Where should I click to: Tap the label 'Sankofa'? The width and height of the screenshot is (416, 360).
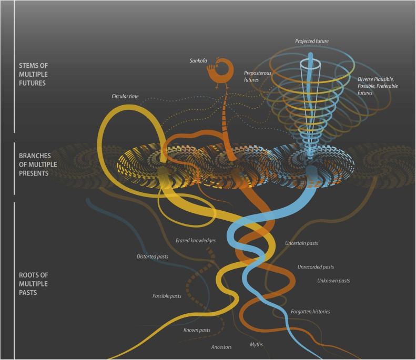point(199,61)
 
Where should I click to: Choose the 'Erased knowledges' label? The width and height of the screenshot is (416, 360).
point(196,240)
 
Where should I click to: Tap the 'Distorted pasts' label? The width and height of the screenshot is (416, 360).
point(151,256)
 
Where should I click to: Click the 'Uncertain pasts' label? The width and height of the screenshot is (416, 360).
point(301,243)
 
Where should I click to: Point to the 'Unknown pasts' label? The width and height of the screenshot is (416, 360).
point(333,281)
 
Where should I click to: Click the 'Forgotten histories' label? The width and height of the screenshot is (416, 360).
point(310,312)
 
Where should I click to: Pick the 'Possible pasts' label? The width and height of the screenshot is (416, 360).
point(167,296)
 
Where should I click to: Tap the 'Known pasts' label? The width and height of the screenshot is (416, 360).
point(197,330)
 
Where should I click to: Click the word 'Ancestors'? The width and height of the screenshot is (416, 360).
point(221,347)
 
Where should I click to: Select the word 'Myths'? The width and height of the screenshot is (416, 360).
point(256,344)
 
